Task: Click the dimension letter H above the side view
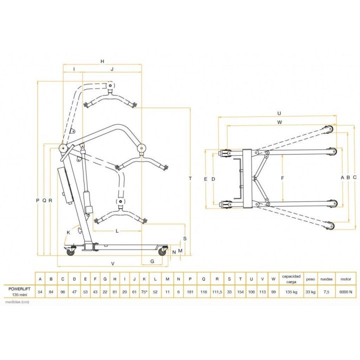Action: [x=102, y=61]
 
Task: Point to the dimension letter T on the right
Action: [x=190, y=178]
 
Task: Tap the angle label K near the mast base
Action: [x=68, y=232]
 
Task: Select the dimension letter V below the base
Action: [x=112, y=264]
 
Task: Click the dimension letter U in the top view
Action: [x=279, y=113]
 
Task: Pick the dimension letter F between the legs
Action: [x=282, y=178]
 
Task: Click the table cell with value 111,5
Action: [x=217, y=292]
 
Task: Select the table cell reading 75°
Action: [x=144, y=292]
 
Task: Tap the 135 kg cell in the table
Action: [x=291, y=292]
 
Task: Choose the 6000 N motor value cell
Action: [x=346, y=292]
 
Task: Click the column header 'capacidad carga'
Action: [x=291, y=279]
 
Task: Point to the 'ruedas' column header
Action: [x=326, y=279]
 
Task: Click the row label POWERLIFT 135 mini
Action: [x=19, y=291]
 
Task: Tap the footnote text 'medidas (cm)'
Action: [x=17, y=302]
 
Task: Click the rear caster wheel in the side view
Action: [x=70, y=252]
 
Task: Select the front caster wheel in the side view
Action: [x=162, y=252]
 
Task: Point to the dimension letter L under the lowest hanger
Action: [x=117, y=231]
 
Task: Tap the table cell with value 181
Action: [x=190, y=292]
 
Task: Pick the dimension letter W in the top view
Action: [x=279, y=122]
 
